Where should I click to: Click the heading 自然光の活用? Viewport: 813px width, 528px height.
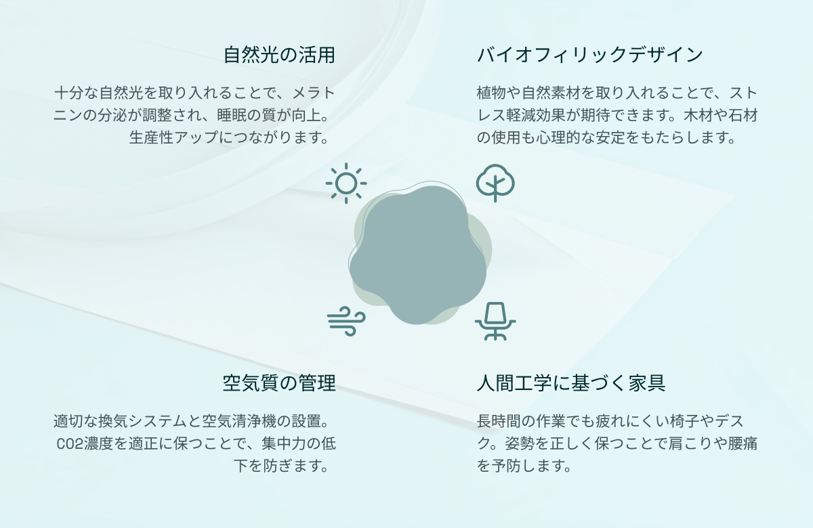pyautogui.click(x=279, y=55)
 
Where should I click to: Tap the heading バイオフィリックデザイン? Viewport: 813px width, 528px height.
pyautogui.click(x=589, y=55)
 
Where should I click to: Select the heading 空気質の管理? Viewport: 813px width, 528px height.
pyautogui.click(x=279, y=383)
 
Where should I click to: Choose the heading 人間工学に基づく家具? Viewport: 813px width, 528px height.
pyautogui.click(x=571, y=383)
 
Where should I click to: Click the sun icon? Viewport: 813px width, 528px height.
pyautogui.click(x=346, y=183)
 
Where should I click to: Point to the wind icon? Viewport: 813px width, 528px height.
pyautogui.click(x=346, y=321)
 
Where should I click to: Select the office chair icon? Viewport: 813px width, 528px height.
pyautogui.click(x=495, y=321)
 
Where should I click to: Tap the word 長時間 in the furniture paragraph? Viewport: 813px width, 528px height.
pyautogui.click(x=501, y=421)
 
